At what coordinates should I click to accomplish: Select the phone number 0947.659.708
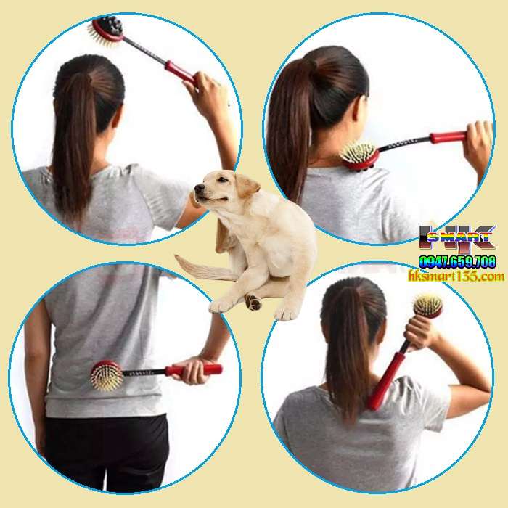click(456, 261)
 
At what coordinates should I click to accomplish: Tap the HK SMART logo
click(457, 239)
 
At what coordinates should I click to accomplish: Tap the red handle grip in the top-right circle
click(447, 137)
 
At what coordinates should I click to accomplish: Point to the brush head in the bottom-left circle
click(106, 375)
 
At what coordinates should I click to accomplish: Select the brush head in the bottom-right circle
click(427, 306)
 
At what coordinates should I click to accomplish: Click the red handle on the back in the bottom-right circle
click(385, 381)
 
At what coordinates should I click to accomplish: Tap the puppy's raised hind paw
click(253, 302)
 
